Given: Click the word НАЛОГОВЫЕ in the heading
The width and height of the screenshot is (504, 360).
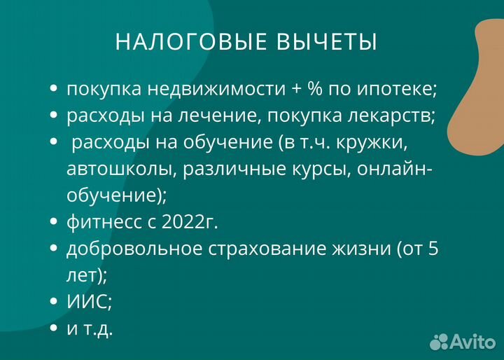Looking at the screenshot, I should click(187, 42).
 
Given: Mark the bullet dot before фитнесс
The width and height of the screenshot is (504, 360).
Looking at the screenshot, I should click(55, 223).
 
